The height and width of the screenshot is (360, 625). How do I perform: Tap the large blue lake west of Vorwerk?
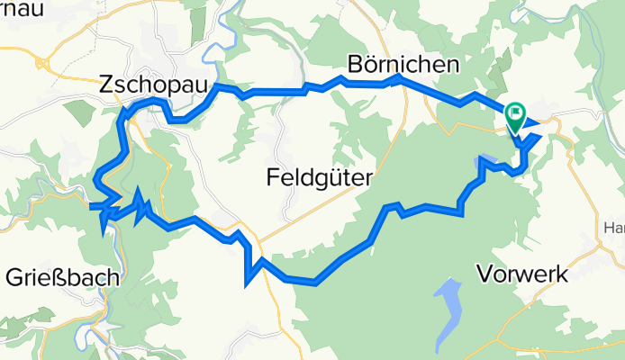tap(448, 314)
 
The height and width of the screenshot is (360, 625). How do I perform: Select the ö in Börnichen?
tap(371, 65)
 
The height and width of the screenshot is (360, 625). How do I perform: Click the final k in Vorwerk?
tap(562, 274)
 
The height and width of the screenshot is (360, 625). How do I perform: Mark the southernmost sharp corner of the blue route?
tap(246, 285)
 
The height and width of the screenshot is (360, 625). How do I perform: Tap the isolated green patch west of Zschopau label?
tap(77, 112)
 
